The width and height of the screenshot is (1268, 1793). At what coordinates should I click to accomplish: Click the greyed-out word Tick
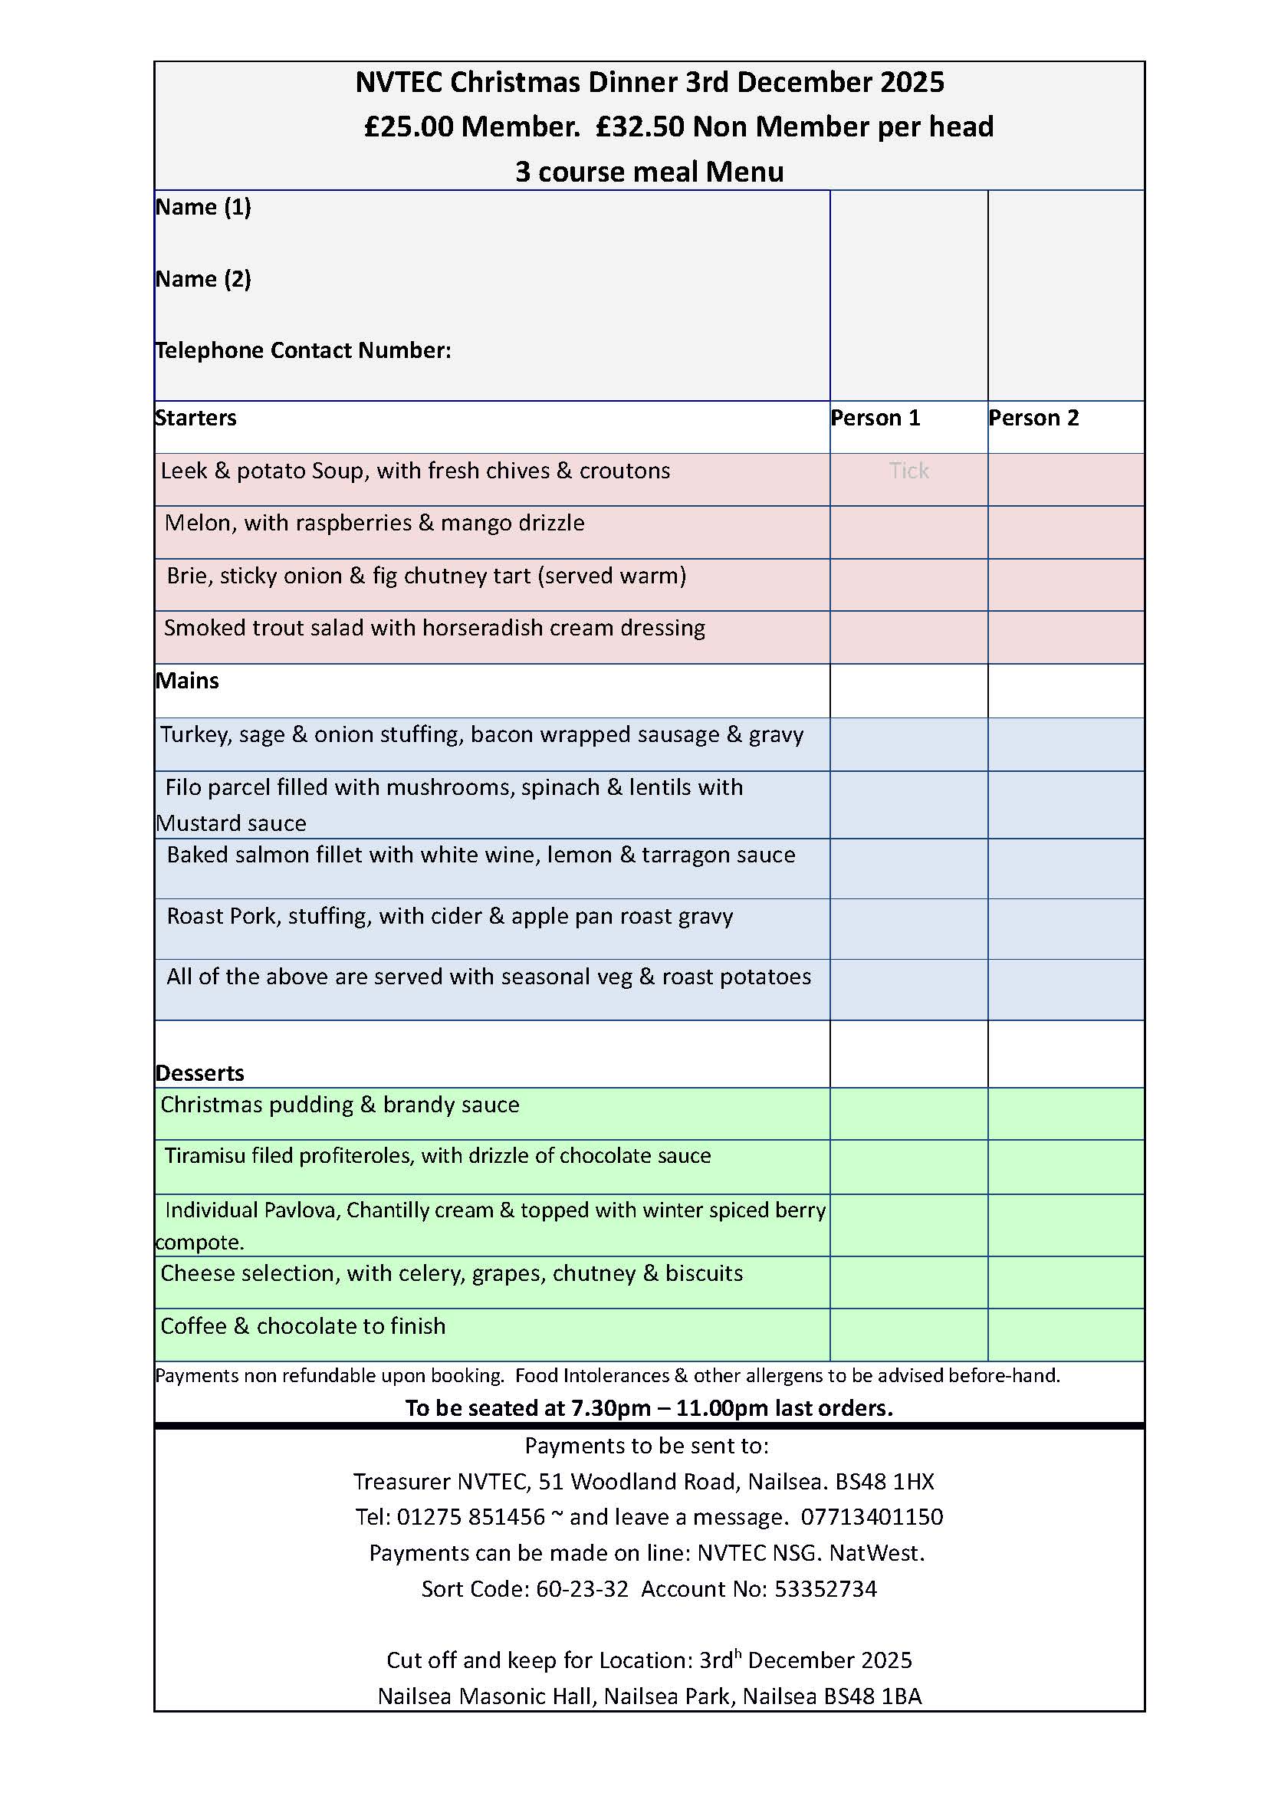click(x=909, y=471)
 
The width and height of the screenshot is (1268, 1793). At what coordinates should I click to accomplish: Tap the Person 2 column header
click(x=1033, y=418)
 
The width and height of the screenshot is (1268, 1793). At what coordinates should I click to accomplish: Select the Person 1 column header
click(x=875, y=418)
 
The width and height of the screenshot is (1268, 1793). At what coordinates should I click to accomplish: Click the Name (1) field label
click(x=203, y=207)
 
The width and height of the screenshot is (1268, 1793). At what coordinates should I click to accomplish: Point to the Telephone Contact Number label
click(x=303, y=350)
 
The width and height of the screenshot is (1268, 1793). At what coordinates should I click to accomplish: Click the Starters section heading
click(x=195, y=418)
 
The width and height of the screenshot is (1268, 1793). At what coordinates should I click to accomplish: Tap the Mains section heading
click(x=187, y=681)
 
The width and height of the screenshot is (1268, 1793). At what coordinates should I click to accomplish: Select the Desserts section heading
click(x=200, y=1073)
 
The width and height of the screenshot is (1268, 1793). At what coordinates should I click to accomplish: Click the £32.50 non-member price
click(x=639, y=126)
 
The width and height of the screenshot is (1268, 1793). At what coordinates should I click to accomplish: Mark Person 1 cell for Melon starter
click(x=909, y=532)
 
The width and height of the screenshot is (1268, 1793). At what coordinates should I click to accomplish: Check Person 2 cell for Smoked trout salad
click(x=1066, y=637)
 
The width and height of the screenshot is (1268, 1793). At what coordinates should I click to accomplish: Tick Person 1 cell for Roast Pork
click(x=909, y=928)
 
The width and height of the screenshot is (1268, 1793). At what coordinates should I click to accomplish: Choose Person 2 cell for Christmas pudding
click(x=1066, y=1114)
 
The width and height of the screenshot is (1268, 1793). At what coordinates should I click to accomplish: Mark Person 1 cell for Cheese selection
click(x=909, y=1282)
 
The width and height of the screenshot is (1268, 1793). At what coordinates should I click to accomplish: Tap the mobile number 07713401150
click(x=872, y=1517)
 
